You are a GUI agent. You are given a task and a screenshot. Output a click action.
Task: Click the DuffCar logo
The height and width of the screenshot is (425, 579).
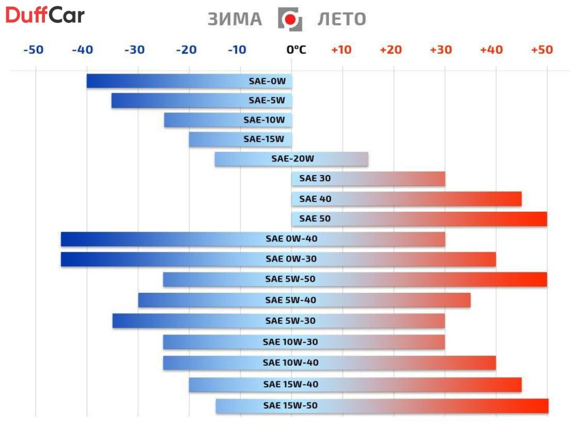pyautogui.click(x=45, y=16)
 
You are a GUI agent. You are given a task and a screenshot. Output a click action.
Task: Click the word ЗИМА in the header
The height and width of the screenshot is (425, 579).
pyautogui.click(x=235, y=19)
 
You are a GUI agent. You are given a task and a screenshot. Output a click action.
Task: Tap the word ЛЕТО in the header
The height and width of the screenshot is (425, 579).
pyautogui.click(x=342, y=19)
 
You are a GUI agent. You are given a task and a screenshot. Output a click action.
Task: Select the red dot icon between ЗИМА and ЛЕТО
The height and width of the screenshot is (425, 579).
pyautogui.click(x=290, y=19)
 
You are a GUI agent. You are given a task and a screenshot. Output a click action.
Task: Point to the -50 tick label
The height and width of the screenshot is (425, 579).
pyautogui.click(x=34, y=50)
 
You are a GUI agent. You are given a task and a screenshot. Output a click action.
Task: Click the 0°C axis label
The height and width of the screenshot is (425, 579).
pyautogui.click(x=296, y=50)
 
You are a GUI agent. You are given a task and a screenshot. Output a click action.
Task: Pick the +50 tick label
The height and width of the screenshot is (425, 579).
pyautogui.click(x=542, y=50)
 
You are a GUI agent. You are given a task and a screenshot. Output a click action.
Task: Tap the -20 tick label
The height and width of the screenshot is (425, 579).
pyautogui.click(x=186, y=50)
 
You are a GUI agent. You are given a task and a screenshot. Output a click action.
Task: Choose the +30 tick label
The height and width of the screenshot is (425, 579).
pyautogui.click(x=441, y=50)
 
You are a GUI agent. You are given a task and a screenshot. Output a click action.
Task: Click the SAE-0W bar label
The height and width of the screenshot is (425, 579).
pyautogui.click(x=267, y=81)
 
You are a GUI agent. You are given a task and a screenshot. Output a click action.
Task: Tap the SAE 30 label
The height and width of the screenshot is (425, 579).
pyautogui.click(x=315, y=178)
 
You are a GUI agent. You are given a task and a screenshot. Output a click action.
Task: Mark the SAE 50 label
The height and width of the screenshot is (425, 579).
pyautogui.click(x=315, y=219)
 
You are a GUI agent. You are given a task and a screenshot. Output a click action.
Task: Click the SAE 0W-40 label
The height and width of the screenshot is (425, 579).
pyautogui.click(x=291, y=239)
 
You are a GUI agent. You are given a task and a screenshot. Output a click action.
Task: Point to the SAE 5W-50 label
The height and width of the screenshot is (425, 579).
pyautogui.click(x=290, y=279)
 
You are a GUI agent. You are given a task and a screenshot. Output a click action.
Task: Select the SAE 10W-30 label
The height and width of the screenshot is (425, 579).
pyautogui.click(x=290, y=342)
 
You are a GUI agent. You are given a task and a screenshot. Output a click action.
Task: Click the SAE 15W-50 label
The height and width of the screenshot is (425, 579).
pyautogui.click(x=290, y=406)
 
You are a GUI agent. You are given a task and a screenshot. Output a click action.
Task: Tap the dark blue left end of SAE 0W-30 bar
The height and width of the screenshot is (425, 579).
pyautogui.click(x=70, y=259)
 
